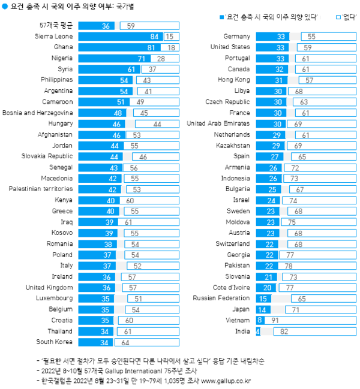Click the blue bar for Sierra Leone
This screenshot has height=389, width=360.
coord(120,37)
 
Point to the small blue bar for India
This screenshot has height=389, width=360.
coord(257,331)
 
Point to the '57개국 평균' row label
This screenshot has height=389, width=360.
coord(56,26)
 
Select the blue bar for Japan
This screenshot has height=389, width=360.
coord(262,309)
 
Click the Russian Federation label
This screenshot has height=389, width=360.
coord(221,298)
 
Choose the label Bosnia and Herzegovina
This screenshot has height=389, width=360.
coord(38,113)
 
